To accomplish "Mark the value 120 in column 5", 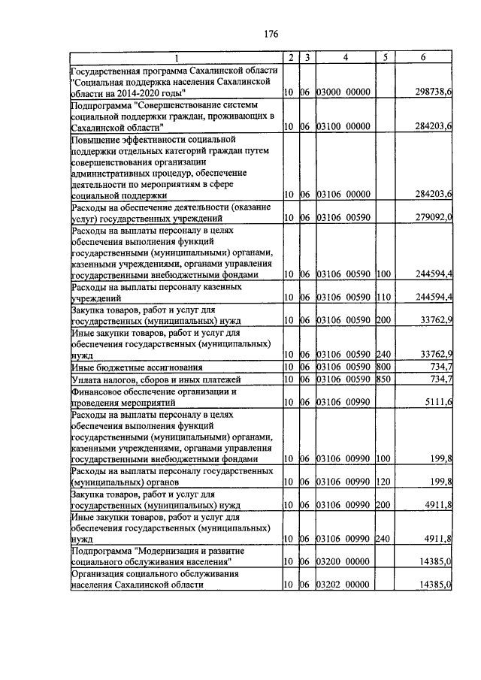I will (385, 481).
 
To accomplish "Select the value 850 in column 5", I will (385, 379).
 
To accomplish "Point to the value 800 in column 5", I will (385, 367).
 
